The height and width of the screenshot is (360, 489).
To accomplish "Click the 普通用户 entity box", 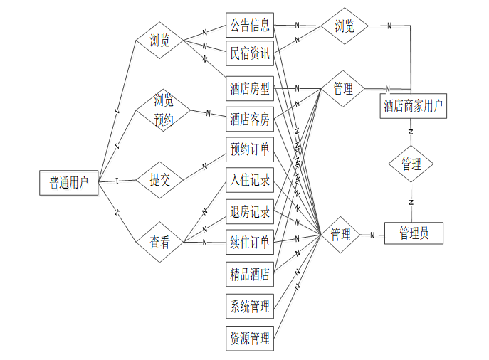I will click(68, 183).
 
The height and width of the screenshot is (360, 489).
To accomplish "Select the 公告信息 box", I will click(249, 26).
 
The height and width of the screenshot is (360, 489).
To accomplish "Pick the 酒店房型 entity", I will click(249, 89).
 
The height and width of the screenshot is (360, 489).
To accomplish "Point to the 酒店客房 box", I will click(249, 120).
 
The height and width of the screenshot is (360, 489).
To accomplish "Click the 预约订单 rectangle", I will click(249, 150).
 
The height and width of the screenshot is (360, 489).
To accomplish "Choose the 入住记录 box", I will click(249, 181).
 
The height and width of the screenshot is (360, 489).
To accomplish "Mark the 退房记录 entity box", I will click(249, 211).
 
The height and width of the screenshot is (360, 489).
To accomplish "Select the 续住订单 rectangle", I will click(249, 243).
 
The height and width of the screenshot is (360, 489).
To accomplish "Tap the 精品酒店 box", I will click(249, 273).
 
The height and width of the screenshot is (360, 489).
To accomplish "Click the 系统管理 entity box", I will click(249, 307).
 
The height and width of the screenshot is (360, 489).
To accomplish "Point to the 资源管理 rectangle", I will click(249, 338).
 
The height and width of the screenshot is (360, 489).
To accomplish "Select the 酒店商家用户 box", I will click(414, 107).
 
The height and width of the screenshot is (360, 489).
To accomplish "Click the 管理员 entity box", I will click(414, 233).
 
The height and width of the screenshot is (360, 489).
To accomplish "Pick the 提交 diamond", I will click(160, 180).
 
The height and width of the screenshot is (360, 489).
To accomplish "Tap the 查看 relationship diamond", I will click(160, 242).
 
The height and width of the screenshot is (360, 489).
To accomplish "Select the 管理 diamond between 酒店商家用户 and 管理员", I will click(411, 164).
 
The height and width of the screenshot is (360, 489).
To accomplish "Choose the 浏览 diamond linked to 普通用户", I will click(160, 41).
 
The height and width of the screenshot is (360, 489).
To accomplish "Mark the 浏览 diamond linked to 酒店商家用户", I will click(344, 26).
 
